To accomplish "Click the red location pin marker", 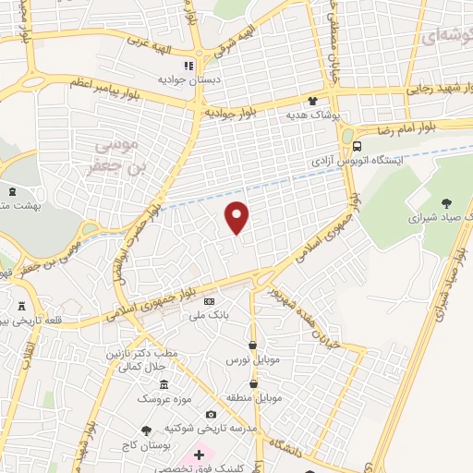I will [237, 218].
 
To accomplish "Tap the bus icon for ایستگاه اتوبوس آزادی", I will [358, 146].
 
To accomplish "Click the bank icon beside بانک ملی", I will [209, 301].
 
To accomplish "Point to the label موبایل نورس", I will [250, 359].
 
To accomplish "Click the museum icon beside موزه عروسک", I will [164, 384].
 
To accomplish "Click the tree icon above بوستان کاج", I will [146, 431].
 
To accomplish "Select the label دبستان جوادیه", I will [188, 80].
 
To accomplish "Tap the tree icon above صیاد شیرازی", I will [448, 203].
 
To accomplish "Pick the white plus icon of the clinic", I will [199, 455].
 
